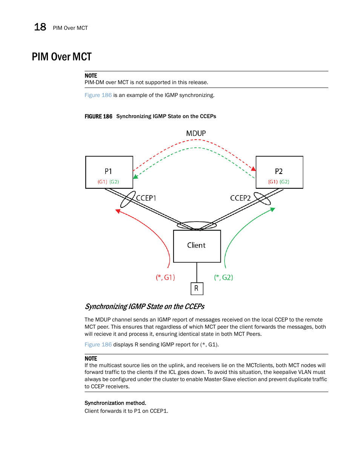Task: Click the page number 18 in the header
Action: pyautogui.click(x=40, y=27)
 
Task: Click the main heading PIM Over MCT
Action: pyautogui.click(x=62, y=57)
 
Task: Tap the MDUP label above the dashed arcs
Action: pyautogui.click(x=196, y=133)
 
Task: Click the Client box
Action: pyautogui.click(x=197, y=246)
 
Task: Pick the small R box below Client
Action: pyautogui.click(x=197, y=289)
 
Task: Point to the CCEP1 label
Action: pyautogui.click(x=146, y=198)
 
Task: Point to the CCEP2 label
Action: pyautogui.click(x=240, y=198)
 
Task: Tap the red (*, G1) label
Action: pyautogui.click(x=165, y=277)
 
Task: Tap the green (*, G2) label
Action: pyautogui.click(x=223, y=277)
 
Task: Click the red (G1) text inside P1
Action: pyautogui.click(x=102, y=182)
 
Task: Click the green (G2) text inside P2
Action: pyautogui.click(x=285, y=182)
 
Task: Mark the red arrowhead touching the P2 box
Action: pyautogui.click(x=254, y=168)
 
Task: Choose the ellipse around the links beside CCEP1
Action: pyautogui.click(x=128, y=199)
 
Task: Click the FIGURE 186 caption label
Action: pyautogui.click(x=98, y=117)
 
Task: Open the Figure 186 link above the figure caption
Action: pyautogui.click(x=98, y=95)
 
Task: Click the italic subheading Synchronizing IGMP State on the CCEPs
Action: pyautogui.click(x=145, y=306)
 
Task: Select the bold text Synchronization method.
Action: pyautogui.click(x=115, y=403)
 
